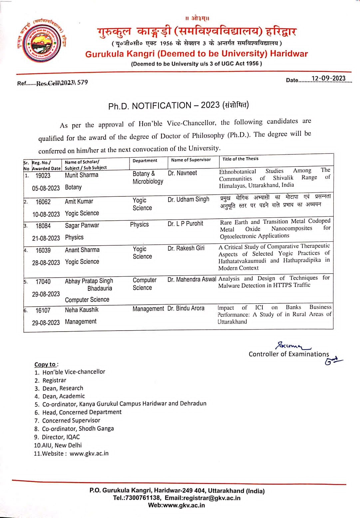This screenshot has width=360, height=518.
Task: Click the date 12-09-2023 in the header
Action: point(328,79)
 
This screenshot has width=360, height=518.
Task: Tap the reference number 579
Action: point(83,82)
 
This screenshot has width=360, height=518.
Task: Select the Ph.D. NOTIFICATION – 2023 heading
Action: point(178,106)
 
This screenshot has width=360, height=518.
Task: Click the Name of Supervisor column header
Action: point(191,160)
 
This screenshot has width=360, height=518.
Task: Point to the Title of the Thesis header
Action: point(240,159)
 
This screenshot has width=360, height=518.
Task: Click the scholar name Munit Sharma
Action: point(82,175)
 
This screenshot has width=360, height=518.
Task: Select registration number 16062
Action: point(43,202)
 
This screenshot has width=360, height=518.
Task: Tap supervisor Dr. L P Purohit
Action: point(185,224)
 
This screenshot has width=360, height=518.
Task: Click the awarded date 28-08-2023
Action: point(46,263)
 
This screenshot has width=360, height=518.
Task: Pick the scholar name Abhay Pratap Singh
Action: point(89,281)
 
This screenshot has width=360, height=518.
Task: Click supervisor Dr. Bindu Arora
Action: point(186,308)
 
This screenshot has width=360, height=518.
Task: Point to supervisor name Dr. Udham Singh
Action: point(188,199)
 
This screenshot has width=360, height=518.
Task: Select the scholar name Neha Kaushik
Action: point(82,310)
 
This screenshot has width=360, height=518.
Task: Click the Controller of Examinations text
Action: point(289,354)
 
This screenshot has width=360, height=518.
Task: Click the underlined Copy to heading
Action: point(46,364)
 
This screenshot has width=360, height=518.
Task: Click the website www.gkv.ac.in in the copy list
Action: point(89,453)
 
